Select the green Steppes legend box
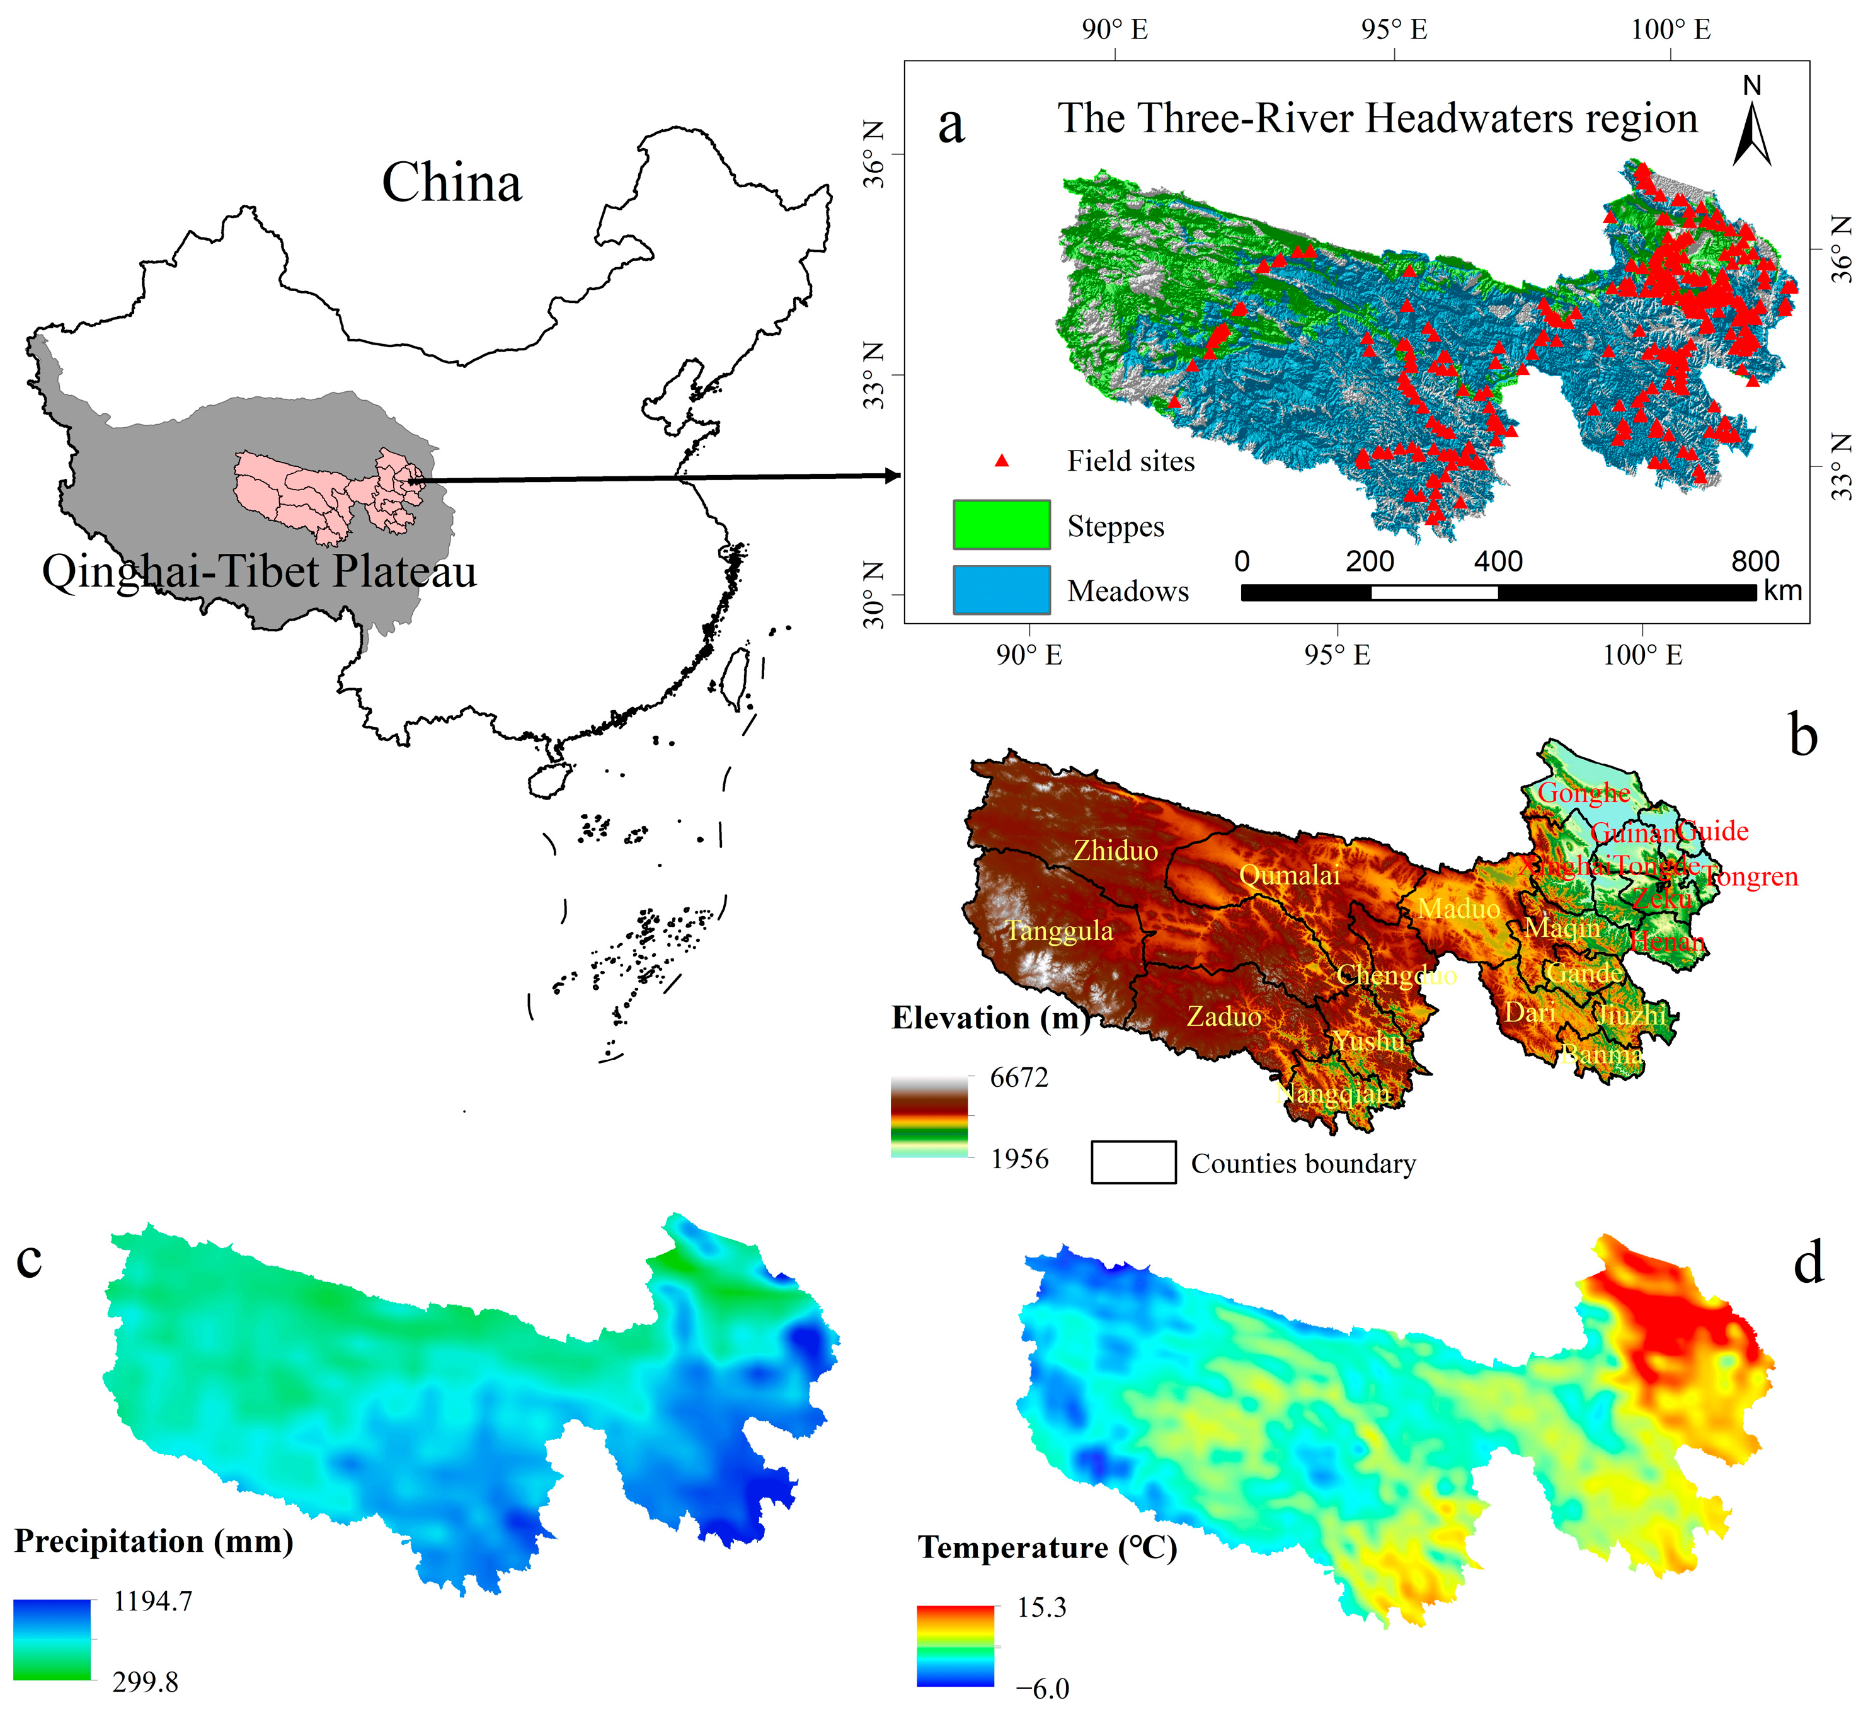(1001, 524)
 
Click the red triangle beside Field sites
(1001, 461)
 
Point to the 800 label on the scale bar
(1754, 561)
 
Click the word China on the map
(452, 183)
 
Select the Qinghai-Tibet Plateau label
(259, 571)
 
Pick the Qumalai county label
(1289, 875)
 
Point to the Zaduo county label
(1224, 1017)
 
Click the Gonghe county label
(1584, 793)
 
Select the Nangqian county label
(1334, 1094)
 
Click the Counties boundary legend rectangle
(1133, 1162)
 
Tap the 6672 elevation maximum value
(1019, 1077)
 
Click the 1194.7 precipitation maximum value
(152, 1601)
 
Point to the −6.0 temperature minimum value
(1042, 1688)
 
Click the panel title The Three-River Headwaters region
(1377, 119)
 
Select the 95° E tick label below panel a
(1336, 655)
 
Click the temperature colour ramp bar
(955, 1646)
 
